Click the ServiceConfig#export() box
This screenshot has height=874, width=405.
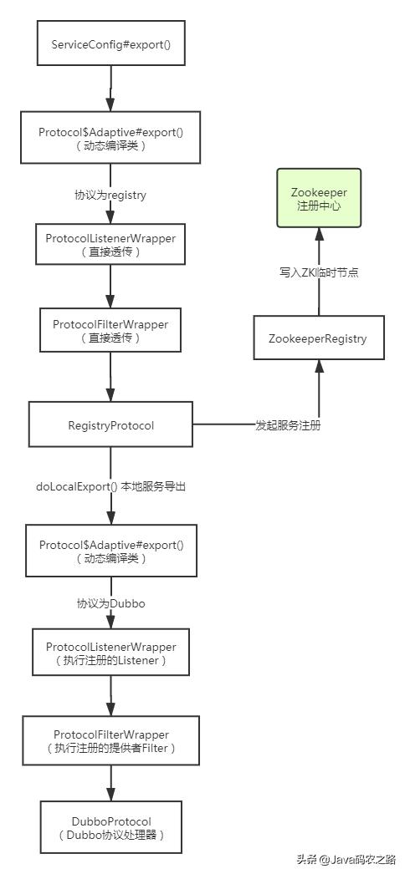[x=111, y=41]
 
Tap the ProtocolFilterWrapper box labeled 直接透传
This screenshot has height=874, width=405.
[x=111, y=330]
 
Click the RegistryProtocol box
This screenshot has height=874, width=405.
[x=111, y=425]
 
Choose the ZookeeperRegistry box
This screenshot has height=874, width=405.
[x=318, y=338]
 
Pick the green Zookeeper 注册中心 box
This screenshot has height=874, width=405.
[x=319, y=197]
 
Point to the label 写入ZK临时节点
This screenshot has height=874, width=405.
[x=319, y=272]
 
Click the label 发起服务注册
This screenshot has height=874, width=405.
[x=288, y=425]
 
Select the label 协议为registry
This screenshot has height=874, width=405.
[x=110, y=195]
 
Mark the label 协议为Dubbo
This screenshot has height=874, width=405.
[x=110, y=602]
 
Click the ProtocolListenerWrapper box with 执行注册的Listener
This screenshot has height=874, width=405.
[x=111, y=653]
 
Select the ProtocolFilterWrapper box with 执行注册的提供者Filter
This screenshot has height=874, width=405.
[x=111, y=740]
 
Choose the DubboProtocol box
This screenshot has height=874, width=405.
[x=111, y=826]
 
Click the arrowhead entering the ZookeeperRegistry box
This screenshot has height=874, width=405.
[x=318, y=366]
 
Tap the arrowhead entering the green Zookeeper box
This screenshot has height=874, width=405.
[x=318, y=233]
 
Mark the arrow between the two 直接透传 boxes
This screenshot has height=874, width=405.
[x=111, y=287]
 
